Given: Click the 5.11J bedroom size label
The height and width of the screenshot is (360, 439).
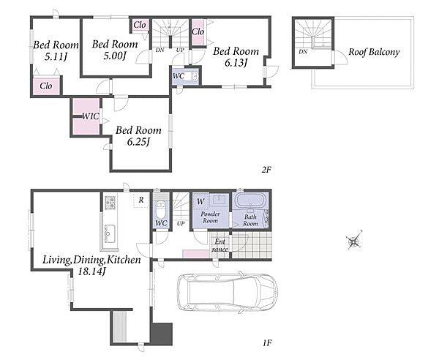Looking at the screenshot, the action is click(56, 57).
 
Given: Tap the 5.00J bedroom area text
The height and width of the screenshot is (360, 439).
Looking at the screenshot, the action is click(115, 56).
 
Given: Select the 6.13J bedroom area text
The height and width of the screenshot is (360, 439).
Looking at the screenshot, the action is click(236, 63).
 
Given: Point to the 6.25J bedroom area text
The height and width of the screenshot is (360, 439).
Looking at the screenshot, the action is click(138, 142).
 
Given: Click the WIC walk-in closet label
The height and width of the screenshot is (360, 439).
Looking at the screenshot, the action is click(91, 116).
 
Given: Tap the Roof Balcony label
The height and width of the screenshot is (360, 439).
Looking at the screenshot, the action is click(374, 52).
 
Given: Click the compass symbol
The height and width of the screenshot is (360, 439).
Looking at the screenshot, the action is click(354, 241).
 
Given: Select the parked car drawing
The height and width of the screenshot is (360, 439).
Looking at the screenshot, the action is click(228, 293).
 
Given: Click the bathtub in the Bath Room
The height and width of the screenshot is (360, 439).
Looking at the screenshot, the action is click(249, 200).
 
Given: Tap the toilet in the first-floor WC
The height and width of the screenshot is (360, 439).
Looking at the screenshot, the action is click(161, 210).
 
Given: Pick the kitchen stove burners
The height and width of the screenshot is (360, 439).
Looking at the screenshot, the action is click(110, 203).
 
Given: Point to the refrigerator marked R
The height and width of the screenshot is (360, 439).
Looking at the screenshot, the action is click(141, 200).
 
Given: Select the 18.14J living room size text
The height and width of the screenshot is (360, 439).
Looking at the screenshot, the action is click(91, 271).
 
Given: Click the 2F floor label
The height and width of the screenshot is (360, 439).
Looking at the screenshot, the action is click(267, 170).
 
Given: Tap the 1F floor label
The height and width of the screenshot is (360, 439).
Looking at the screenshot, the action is click(267, 342).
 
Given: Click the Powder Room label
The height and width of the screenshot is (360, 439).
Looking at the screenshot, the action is click(210, 217).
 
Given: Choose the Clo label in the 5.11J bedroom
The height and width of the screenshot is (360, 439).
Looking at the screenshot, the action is click(46, 86).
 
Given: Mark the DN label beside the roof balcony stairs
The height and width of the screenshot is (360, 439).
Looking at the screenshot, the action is click(303, 52).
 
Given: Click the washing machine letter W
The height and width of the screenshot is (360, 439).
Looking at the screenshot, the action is click(200, 201).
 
